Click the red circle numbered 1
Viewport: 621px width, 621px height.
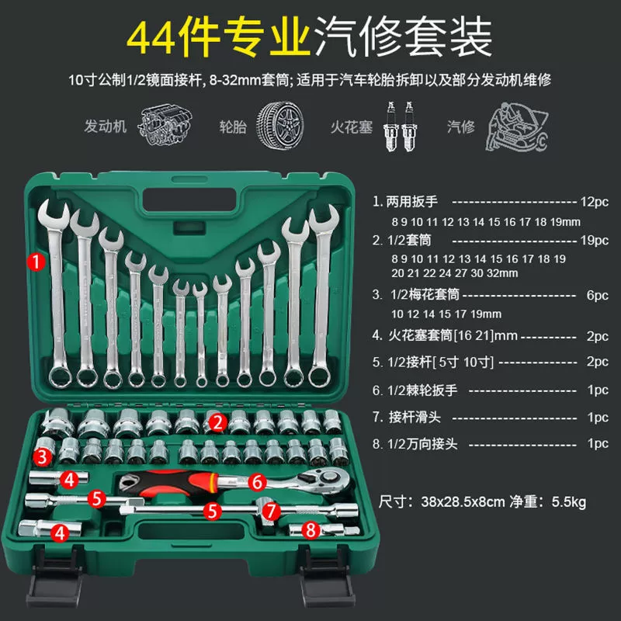[36, 262]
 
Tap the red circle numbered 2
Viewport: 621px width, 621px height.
[218, 422]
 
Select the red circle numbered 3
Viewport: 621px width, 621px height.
[42, 457]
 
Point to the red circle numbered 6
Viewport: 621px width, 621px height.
[257, 482]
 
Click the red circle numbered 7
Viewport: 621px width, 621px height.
[271, 511]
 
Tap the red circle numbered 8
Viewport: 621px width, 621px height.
[311, 530]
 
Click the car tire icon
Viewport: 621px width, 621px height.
[280, 125]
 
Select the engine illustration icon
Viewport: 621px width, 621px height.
[165, 124]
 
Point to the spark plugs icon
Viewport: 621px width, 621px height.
[400, 127]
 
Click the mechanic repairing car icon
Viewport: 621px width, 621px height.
[517, 127]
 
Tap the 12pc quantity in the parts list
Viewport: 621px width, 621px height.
[594, 202]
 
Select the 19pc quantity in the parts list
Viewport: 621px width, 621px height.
[594, 240]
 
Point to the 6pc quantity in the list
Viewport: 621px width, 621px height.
[597, 295]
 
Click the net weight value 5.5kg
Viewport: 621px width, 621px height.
[569, 501]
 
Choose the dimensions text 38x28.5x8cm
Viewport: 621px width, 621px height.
[463, 501]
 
